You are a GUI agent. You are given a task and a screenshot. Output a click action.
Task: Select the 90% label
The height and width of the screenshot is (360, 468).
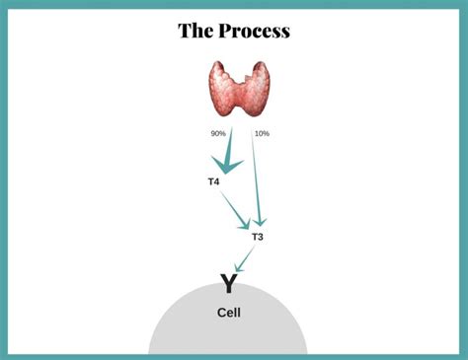tap(218, 133)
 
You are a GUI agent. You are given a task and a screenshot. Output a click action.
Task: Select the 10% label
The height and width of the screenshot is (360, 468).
tap(262, 133)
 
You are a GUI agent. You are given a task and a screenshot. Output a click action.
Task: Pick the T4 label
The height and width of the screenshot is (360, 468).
tap(214, 182)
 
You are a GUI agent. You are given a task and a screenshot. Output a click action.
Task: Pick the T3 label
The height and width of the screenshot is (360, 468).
tap(258, 237)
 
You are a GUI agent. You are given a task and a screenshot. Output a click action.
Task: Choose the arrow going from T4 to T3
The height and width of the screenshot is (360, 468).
tap(235, 210)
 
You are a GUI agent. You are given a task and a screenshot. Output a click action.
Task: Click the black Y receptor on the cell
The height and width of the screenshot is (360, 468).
tap(228, 285)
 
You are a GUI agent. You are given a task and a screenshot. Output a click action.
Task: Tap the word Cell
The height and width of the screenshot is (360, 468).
tap(228, 313)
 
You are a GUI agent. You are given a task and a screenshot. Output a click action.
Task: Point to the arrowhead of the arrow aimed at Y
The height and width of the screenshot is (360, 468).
tap(237, 268)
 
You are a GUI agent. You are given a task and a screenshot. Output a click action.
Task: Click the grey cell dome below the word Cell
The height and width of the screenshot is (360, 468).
tap(228, 338)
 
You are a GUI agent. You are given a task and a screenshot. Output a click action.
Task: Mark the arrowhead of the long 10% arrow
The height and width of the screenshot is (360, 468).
tap(262, 223)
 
